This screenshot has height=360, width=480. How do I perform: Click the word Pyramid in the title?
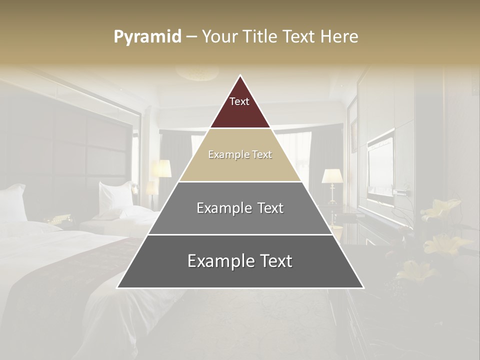[x=147, y=37]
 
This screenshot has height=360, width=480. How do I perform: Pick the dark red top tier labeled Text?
[x=240, y=107]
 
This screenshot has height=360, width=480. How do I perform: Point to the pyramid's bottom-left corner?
[x=117, y=287]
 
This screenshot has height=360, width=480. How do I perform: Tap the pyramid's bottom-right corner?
[x=363, y=287]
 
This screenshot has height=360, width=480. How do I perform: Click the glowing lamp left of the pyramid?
[x=161, y=168]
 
